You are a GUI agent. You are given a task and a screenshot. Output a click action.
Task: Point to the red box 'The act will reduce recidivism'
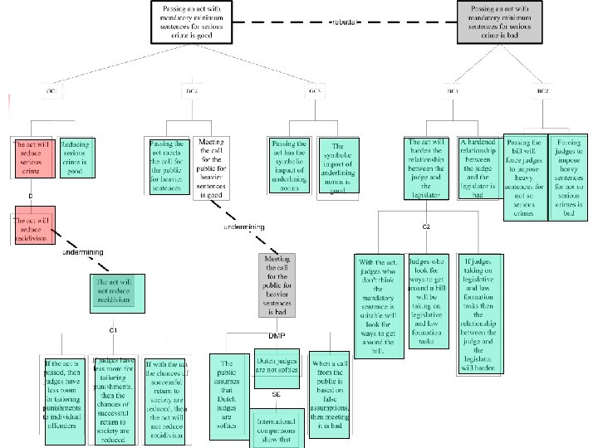32,226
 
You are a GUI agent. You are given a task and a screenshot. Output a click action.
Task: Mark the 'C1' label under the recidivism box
114,329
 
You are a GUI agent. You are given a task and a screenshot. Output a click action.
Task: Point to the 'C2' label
424,226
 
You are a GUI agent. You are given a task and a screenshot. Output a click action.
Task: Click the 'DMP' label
276,335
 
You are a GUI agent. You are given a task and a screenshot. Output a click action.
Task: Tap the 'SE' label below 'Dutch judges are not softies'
276,394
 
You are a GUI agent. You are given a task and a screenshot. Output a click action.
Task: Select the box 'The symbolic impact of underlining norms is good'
337,168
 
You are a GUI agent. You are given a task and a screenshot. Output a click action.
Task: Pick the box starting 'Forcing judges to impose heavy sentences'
570,178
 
